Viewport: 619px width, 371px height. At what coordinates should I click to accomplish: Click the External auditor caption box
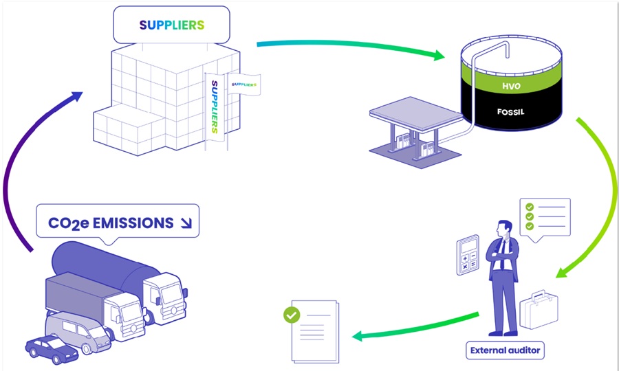pyautogui.click(x=506, y=350)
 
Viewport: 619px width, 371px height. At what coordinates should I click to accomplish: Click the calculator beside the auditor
pyautogui.click(x=468, y=254)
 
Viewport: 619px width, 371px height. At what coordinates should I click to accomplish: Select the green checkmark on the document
pyautogui.click(x=292, y=315)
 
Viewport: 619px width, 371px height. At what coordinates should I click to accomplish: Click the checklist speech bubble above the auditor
pyautogui.click(x=547, y=217)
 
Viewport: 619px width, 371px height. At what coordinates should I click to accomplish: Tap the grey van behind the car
pyautogui.click(x=79, y=330)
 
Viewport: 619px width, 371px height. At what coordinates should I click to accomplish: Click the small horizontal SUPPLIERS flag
pyautogui.click(x=246, y=85)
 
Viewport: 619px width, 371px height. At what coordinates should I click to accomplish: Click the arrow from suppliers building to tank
pyautogui.click(x=351, y=48)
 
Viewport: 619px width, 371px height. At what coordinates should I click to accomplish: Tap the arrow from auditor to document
pyautogui.click(x=413, y=328)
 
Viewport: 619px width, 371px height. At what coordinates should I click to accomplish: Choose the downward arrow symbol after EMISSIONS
pyautogui.click(x=185, y=223)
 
